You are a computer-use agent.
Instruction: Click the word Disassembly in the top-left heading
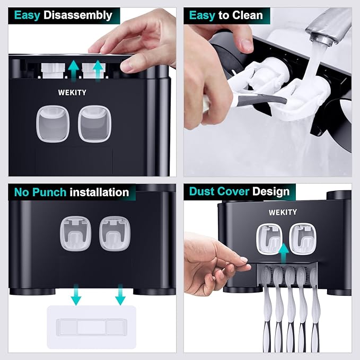coord(78,15)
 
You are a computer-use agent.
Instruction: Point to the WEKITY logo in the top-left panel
coord(73,91)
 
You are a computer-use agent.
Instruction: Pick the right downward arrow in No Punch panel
coord(120,294)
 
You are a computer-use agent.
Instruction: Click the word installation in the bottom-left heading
coord(99,192)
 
